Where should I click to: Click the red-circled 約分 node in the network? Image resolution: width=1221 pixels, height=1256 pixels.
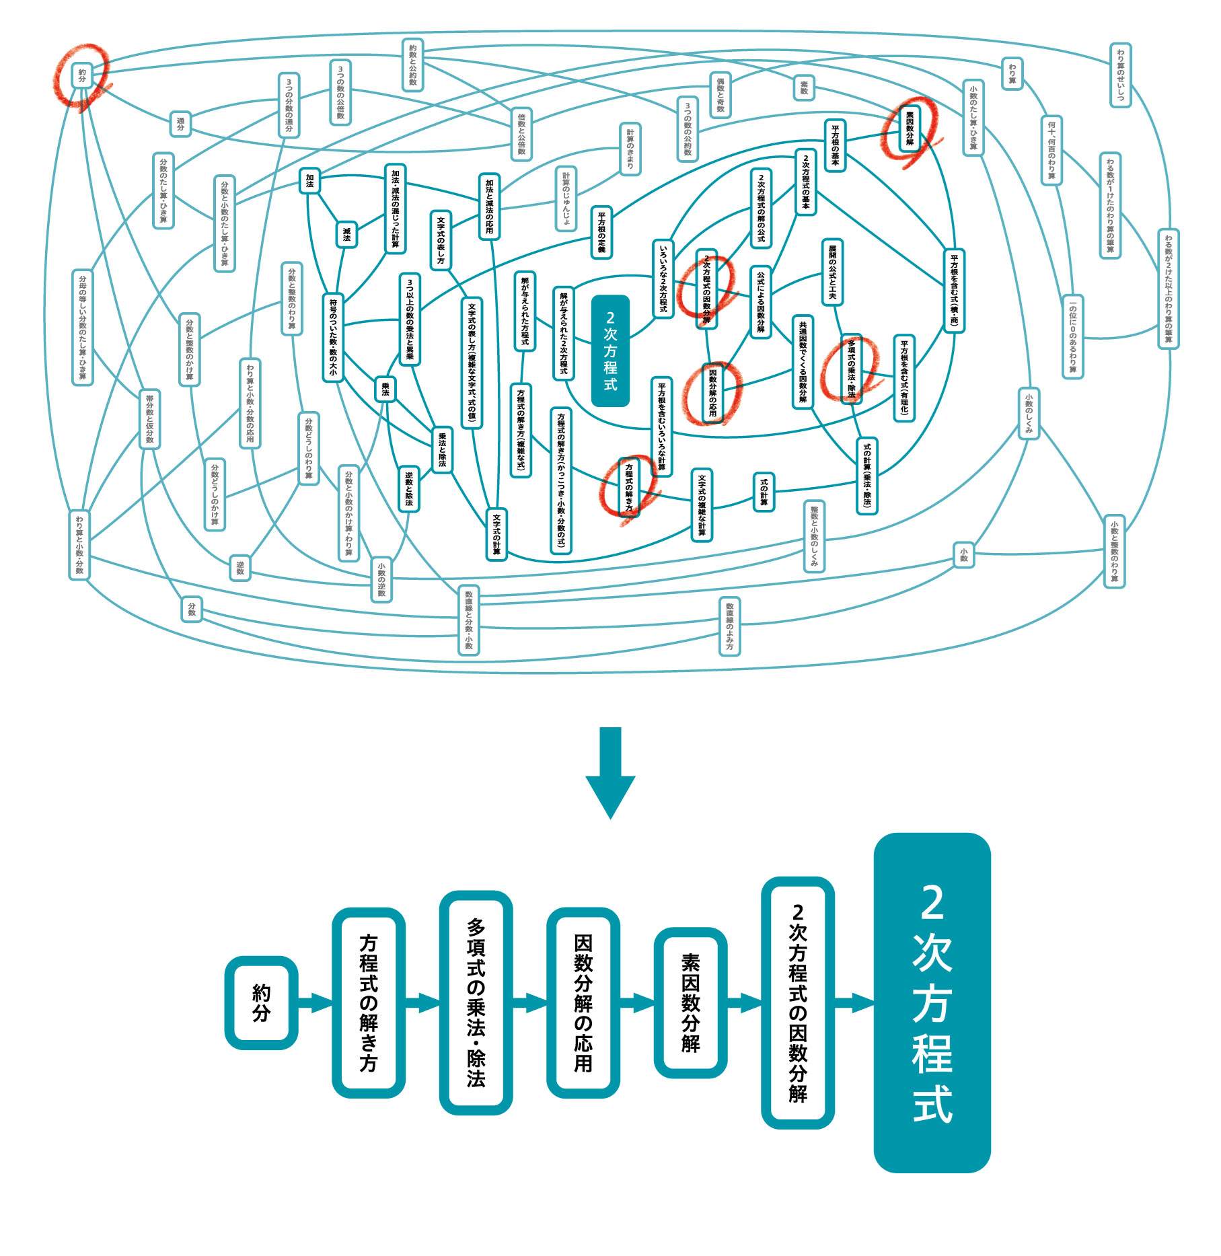(82, 75)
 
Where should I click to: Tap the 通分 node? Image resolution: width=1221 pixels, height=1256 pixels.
(180, 124)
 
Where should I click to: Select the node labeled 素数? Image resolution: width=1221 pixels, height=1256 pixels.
(804, 87)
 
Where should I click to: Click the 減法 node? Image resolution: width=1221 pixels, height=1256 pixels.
(346, 234)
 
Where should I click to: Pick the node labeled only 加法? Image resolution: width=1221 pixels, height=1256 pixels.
(309, 180)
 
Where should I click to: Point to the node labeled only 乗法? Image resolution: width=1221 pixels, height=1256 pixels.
(385, 389)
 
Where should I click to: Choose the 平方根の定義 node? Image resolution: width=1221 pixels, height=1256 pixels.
(601, 233)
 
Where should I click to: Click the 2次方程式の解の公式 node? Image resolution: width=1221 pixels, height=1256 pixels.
(761, 208)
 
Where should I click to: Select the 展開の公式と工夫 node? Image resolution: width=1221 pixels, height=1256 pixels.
(832, 272)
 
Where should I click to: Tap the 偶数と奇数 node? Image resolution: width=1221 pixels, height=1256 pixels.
(720, 94)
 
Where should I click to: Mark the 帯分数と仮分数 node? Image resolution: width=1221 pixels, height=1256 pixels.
(149, 419)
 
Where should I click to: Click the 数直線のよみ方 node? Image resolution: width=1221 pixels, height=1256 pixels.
(729, 626)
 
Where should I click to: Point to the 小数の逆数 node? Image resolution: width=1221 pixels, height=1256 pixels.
(381, 579)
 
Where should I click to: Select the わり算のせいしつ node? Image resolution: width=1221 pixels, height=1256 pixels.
(1120, 75)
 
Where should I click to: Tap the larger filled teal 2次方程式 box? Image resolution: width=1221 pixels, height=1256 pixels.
(932, 1002)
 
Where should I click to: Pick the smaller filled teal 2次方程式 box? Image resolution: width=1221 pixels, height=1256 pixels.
(610, 350)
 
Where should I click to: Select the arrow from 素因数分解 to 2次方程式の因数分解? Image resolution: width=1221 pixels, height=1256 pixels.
(744, 1003)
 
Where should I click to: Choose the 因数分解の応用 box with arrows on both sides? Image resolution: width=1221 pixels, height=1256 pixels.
(583, 1002)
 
